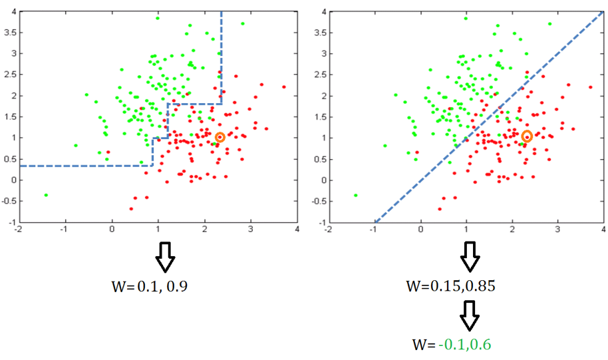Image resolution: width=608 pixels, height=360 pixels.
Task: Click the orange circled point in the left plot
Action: [x=220, y=137]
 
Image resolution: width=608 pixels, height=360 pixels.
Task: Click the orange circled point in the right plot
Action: [x=527, y=137]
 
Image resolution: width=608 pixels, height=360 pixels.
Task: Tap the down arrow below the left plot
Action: [x=165, y=256]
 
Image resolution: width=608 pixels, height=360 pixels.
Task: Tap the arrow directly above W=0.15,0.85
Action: [x=470, y=256]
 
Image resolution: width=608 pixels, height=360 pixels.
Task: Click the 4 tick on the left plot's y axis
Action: [x=13, y=11]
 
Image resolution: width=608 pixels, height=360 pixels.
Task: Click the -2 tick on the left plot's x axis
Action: [x=18, y=230]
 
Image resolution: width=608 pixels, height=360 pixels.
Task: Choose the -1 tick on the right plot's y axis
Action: [x=320, y=222]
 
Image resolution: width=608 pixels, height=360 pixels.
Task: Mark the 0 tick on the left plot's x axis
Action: [x=112, y=230]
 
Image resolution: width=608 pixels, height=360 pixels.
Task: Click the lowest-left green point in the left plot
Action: [x=46, y=195]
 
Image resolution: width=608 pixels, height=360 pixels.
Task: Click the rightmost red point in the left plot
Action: [x=284, y=87]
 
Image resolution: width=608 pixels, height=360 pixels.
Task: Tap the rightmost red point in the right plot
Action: [x=591, y=87]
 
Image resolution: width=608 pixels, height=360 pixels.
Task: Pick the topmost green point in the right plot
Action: [x=465, y=18]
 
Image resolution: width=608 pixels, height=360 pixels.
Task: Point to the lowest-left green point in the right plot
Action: [x=356, y=195]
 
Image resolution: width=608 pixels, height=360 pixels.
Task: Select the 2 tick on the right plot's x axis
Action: [x=512, y=230]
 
